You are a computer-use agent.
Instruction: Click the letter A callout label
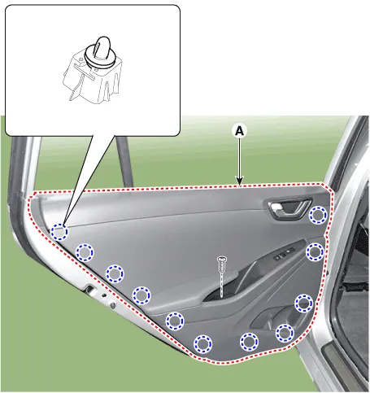click(x=239, y=131)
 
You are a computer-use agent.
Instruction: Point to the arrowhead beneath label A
click(x=239, y=181)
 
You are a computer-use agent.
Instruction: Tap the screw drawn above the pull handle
click(x=222, y=264)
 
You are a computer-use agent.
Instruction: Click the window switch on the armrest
click(x=284, y=254)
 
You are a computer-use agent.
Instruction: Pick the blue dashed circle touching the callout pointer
click(x=59, y=232)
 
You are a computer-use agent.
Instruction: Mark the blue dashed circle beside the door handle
click(x=318, y=215)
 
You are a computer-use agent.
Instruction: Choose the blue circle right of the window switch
click(x=315, y=252)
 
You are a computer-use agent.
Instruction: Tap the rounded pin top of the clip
click(x=102, y=46)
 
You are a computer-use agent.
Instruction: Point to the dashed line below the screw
click(x=222, y=286)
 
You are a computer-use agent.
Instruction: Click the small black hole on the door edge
click(x=102, y=295)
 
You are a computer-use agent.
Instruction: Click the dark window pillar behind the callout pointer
click(x=124, y=161)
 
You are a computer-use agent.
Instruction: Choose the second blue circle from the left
click(x=85, y=252)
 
